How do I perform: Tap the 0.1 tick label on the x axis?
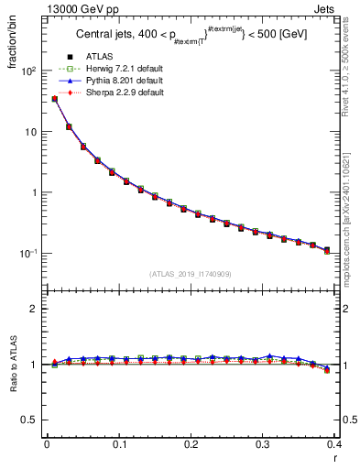point(118,445)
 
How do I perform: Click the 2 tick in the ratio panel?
point(35,309)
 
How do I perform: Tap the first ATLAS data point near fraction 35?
point(55,99)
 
